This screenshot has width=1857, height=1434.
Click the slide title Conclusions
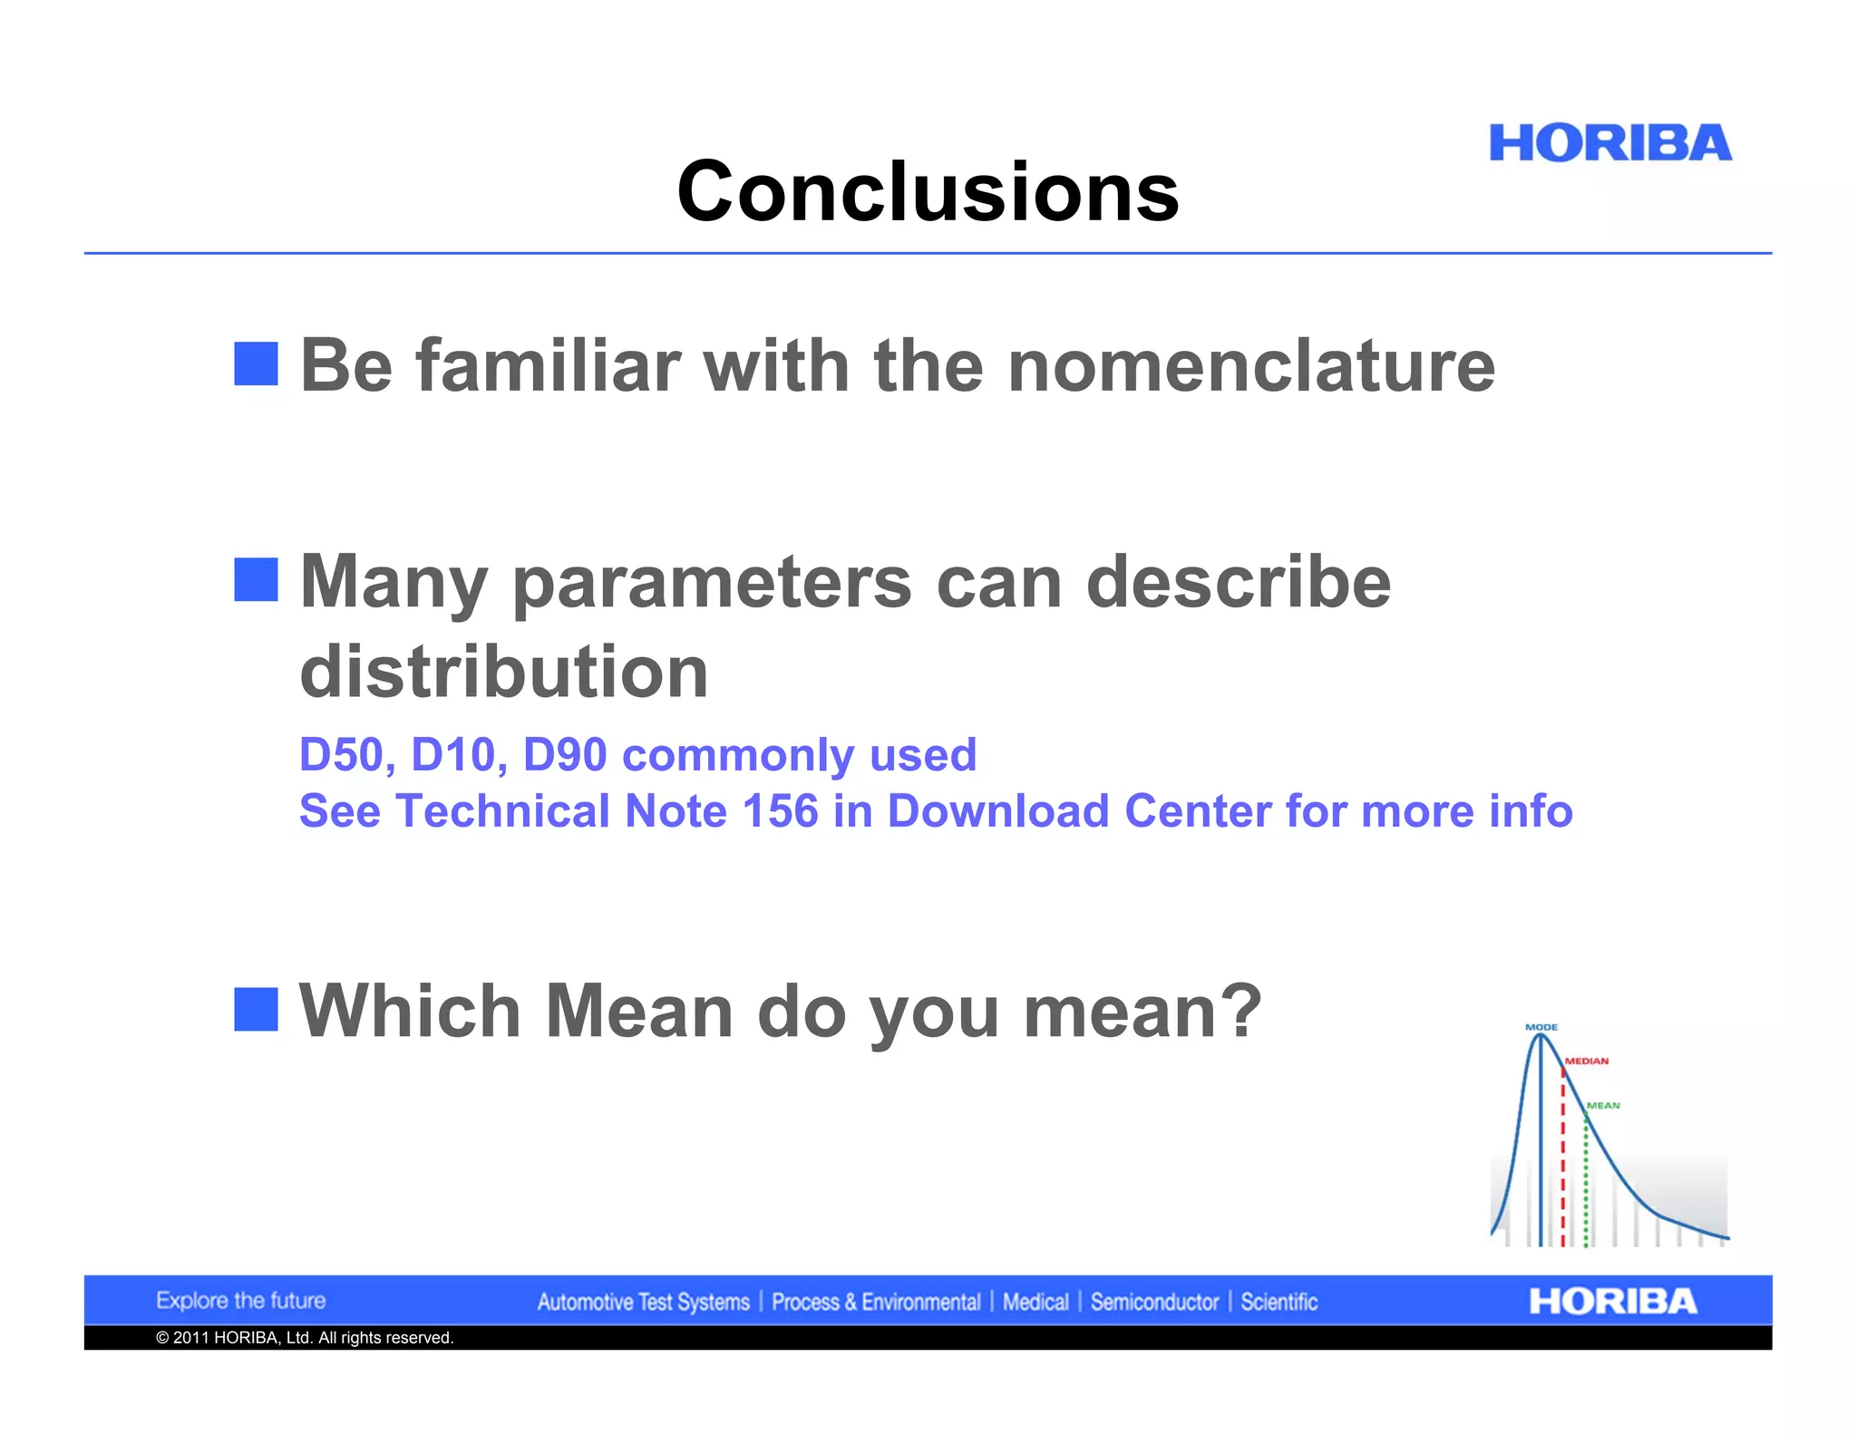(x=928, y=191)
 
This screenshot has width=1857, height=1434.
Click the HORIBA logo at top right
(x=1609, y=143)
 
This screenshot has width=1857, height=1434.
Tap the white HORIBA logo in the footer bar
(x=1612, y=1302)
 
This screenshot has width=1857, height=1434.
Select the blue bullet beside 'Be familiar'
(x=256, y=363)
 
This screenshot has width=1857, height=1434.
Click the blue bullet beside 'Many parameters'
(x=256, y=579)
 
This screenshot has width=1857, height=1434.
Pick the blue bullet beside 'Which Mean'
(x=256, y=1009)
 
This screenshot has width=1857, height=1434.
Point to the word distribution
(x=503, y=672)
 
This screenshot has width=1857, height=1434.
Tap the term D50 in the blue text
(x=342, y=755)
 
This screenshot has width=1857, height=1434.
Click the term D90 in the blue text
(x=564, y=755)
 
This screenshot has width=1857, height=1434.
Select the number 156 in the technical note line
(x=780, y=810)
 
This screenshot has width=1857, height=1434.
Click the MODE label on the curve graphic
(x=1541, y=1027)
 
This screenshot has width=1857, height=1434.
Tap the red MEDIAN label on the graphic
(x=1586, y=1061)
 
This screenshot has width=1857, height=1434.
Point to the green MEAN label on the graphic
(x=1603, y=1105)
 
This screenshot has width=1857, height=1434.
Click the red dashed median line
(x=1562, y=1169)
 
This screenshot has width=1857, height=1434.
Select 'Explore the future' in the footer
(x=240, y=1301)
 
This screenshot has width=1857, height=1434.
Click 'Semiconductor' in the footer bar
(x=1153, y=1303)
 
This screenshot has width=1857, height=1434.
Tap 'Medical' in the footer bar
(x=1035, y=1303)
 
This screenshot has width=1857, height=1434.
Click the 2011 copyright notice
(x=305, y=1338)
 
